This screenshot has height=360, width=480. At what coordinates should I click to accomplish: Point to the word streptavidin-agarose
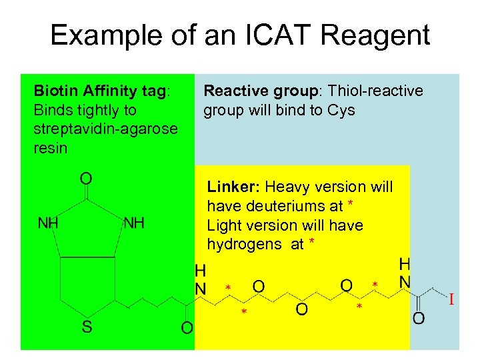pyautogui.click(x=105, y=129)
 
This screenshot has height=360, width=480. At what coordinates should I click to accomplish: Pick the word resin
pyautogui.click(x=50, y=147)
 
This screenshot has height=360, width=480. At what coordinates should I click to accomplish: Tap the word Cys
pyautogui.click(x=342, y=109)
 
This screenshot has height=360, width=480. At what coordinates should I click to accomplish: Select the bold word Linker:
pyautogui.click(x=233, y=187)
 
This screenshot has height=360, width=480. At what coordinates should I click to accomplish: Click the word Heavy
pyautogui.click(x=288, y=187)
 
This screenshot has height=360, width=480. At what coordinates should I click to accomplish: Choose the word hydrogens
pyautogui.click(x=245, y=245)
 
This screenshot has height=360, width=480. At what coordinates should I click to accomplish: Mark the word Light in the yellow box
pyautogui.click(x=224, y=225)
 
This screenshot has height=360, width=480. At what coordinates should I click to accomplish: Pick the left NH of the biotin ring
pyautogui.click(x=47, y=223)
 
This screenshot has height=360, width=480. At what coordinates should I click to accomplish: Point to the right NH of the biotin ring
pyautogui.click(x=134, y=223)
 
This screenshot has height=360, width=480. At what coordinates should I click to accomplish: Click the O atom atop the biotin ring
pyautogui.click(x=87, y=178)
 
